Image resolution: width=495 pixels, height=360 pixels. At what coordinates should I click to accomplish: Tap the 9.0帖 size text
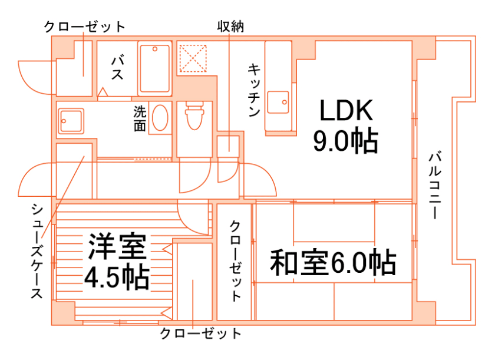[x=345, y=141]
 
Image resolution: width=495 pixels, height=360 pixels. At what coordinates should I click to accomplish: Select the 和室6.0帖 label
[x=333, y=262]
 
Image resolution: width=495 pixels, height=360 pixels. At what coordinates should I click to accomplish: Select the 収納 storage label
[x=230, y=27]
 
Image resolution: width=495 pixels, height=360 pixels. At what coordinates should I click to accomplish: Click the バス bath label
[x=117, y=68]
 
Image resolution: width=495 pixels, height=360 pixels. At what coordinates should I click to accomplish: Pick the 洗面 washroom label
[x=139, y=118]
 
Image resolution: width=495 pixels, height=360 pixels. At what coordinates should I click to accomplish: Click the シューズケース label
[x=37, y=250]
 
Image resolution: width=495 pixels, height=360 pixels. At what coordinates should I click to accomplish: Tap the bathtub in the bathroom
[x=154, y=68]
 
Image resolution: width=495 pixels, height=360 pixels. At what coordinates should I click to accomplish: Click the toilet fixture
[x=194, y=116]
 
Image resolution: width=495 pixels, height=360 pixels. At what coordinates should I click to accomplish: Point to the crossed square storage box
[x=193, y=57]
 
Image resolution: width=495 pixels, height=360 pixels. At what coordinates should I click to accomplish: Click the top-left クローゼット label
[x=85, y=27]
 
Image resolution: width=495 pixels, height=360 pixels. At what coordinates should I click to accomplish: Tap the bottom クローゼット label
[x=201, y=334]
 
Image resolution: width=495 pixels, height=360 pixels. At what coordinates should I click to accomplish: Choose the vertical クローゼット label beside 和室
[x=235, y=260]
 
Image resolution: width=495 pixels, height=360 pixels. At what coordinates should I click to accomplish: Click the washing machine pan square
[x=71, y=122]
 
